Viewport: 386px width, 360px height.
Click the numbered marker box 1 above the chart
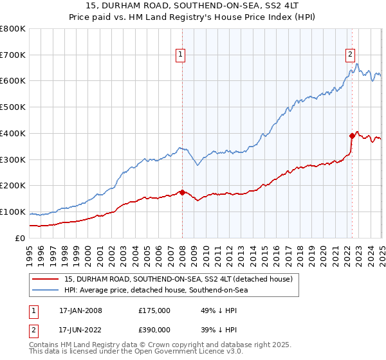[181, 55]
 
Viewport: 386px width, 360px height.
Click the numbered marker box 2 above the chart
[351, 55]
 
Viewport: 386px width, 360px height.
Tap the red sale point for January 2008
[182, 192]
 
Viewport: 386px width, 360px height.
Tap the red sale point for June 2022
[352, 136]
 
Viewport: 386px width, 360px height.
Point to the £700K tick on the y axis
[14, 55]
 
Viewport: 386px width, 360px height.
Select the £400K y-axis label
[14, 133]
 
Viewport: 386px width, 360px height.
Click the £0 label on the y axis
[20, 238]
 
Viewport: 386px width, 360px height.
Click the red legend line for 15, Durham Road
[46, 279]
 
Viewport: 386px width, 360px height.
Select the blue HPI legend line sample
[46, 290]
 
